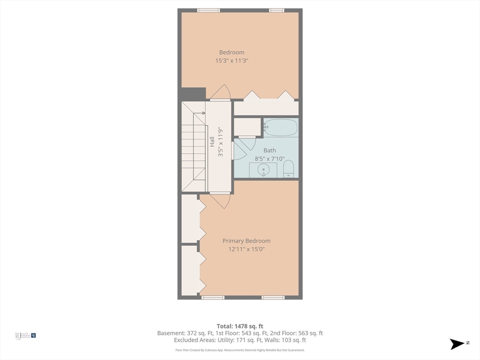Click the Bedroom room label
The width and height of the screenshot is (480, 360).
(x=232, y=52)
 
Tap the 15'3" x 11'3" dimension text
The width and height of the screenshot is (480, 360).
(x=232, y=60)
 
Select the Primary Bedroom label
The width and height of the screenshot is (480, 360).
(x=246, y=241)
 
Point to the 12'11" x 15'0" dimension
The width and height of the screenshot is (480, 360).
(x=246, y=249)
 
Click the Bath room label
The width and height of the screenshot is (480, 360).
(x=270, y=150)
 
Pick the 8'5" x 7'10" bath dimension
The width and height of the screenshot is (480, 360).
(x=270, y=159)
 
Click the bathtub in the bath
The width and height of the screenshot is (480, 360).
(x=281, y=127)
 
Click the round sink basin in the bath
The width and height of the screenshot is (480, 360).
(x=264, y=170)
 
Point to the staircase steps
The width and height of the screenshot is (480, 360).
(x=193, y=148)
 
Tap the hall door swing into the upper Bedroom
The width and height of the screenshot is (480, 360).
(x=220, y=93)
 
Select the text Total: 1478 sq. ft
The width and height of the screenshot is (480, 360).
(x=240, y=326)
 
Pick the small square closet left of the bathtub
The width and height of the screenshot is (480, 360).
(x=247, y=127)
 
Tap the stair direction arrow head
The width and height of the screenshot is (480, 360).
(x=203, y=113)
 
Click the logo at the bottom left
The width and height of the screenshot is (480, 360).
(x=26, y=336)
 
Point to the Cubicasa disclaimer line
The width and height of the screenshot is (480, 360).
(x=240, y=350)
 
